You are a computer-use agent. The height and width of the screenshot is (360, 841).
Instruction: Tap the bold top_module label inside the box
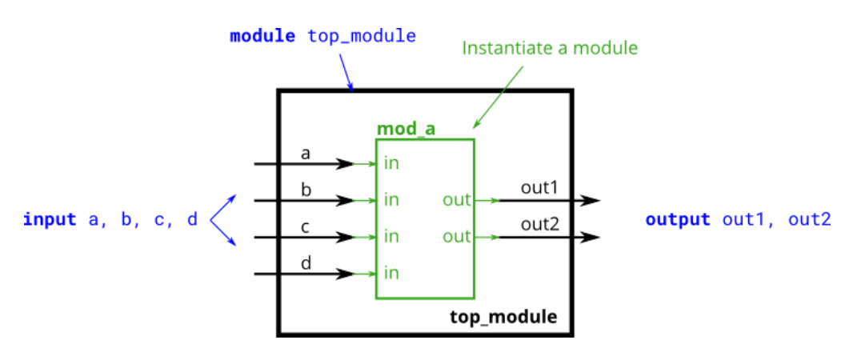tap(503, 316)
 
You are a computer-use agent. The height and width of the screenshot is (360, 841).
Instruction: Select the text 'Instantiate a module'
tap(550, 48)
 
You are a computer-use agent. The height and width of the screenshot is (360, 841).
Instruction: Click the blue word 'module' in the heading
tap(262, 36)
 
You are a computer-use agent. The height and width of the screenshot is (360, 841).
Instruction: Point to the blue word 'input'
tap(50, 219)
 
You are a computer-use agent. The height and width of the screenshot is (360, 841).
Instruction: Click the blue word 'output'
tap(677, 219)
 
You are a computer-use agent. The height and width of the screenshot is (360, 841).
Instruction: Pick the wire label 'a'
tap(306, 153)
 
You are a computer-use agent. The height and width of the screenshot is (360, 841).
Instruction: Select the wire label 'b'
tap(306, 189)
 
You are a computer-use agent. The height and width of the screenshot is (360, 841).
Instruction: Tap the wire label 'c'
tap(306, 226)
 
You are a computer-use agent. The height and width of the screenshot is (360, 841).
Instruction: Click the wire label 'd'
tap(306, 262)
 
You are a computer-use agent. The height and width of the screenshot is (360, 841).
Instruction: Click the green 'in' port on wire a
tap(391, 164)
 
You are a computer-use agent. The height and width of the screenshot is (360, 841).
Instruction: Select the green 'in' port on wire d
tap(391, 274)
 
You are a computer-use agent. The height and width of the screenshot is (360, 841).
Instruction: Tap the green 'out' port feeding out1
tap(457, 200)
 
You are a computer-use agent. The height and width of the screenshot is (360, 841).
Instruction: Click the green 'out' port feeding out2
tap(457, 237)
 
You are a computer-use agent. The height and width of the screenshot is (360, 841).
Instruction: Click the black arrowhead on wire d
tap(344, 274)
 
